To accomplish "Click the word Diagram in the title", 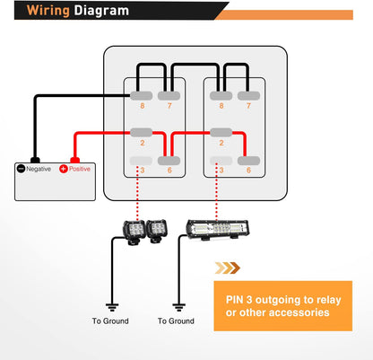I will tap(100, 13).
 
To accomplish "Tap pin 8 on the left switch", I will tap(140, 94).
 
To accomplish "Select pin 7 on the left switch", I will tap(169, 94).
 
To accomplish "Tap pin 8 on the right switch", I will tap(221, 94).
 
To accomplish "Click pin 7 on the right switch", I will tap(248, 94).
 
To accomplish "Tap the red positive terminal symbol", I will tap(63, 169).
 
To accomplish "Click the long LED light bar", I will tap(213, 231).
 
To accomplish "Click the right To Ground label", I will tap(175, 320).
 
